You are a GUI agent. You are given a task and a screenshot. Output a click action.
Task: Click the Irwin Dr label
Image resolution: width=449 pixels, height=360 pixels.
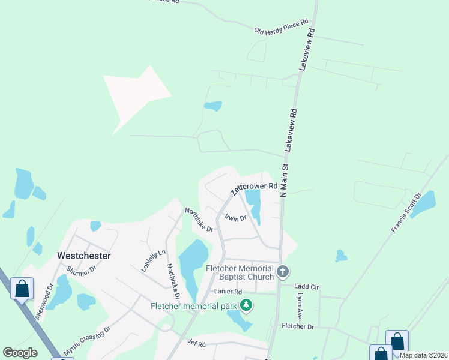click(236, 218)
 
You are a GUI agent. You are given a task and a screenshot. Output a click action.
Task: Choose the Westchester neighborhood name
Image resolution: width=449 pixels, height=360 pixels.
click(83, 255)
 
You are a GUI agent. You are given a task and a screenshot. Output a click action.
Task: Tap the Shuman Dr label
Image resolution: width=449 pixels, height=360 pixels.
click(81, 271)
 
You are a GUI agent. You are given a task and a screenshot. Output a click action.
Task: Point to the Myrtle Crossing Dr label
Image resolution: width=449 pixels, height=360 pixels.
click(88, 340)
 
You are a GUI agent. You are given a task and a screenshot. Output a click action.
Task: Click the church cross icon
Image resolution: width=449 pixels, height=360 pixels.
click(283, 272)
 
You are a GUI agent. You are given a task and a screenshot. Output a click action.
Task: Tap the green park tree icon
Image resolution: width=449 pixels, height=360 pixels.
click(246, 305)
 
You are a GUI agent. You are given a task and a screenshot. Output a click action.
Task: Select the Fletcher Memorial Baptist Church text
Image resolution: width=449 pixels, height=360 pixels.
click(240, 272)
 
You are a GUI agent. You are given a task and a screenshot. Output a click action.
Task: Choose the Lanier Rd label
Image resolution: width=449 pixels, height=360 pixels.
click(226, 292)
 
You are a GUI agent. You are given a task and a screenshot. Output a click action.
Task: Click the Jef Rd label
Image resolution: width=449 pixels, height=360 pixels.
click(196, 344)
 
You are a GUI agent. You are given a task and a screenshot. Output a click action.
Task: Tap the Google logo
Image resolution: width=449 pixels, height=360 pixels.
click(20, 353)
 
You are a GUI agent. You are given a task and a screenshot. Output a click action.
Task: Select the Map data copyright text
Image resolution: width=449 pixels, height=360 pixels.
click(423, 355)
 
